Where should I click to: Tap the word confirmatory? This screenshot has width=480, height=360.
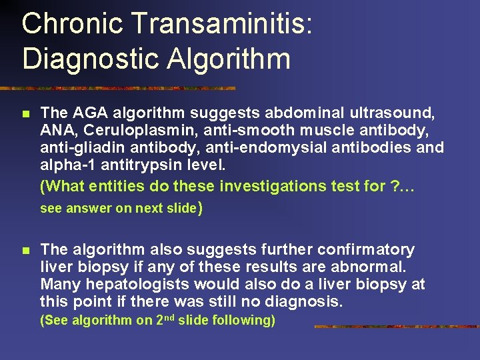366,250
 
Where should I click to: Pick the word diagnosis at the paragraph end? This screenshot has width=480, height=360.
307,302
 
